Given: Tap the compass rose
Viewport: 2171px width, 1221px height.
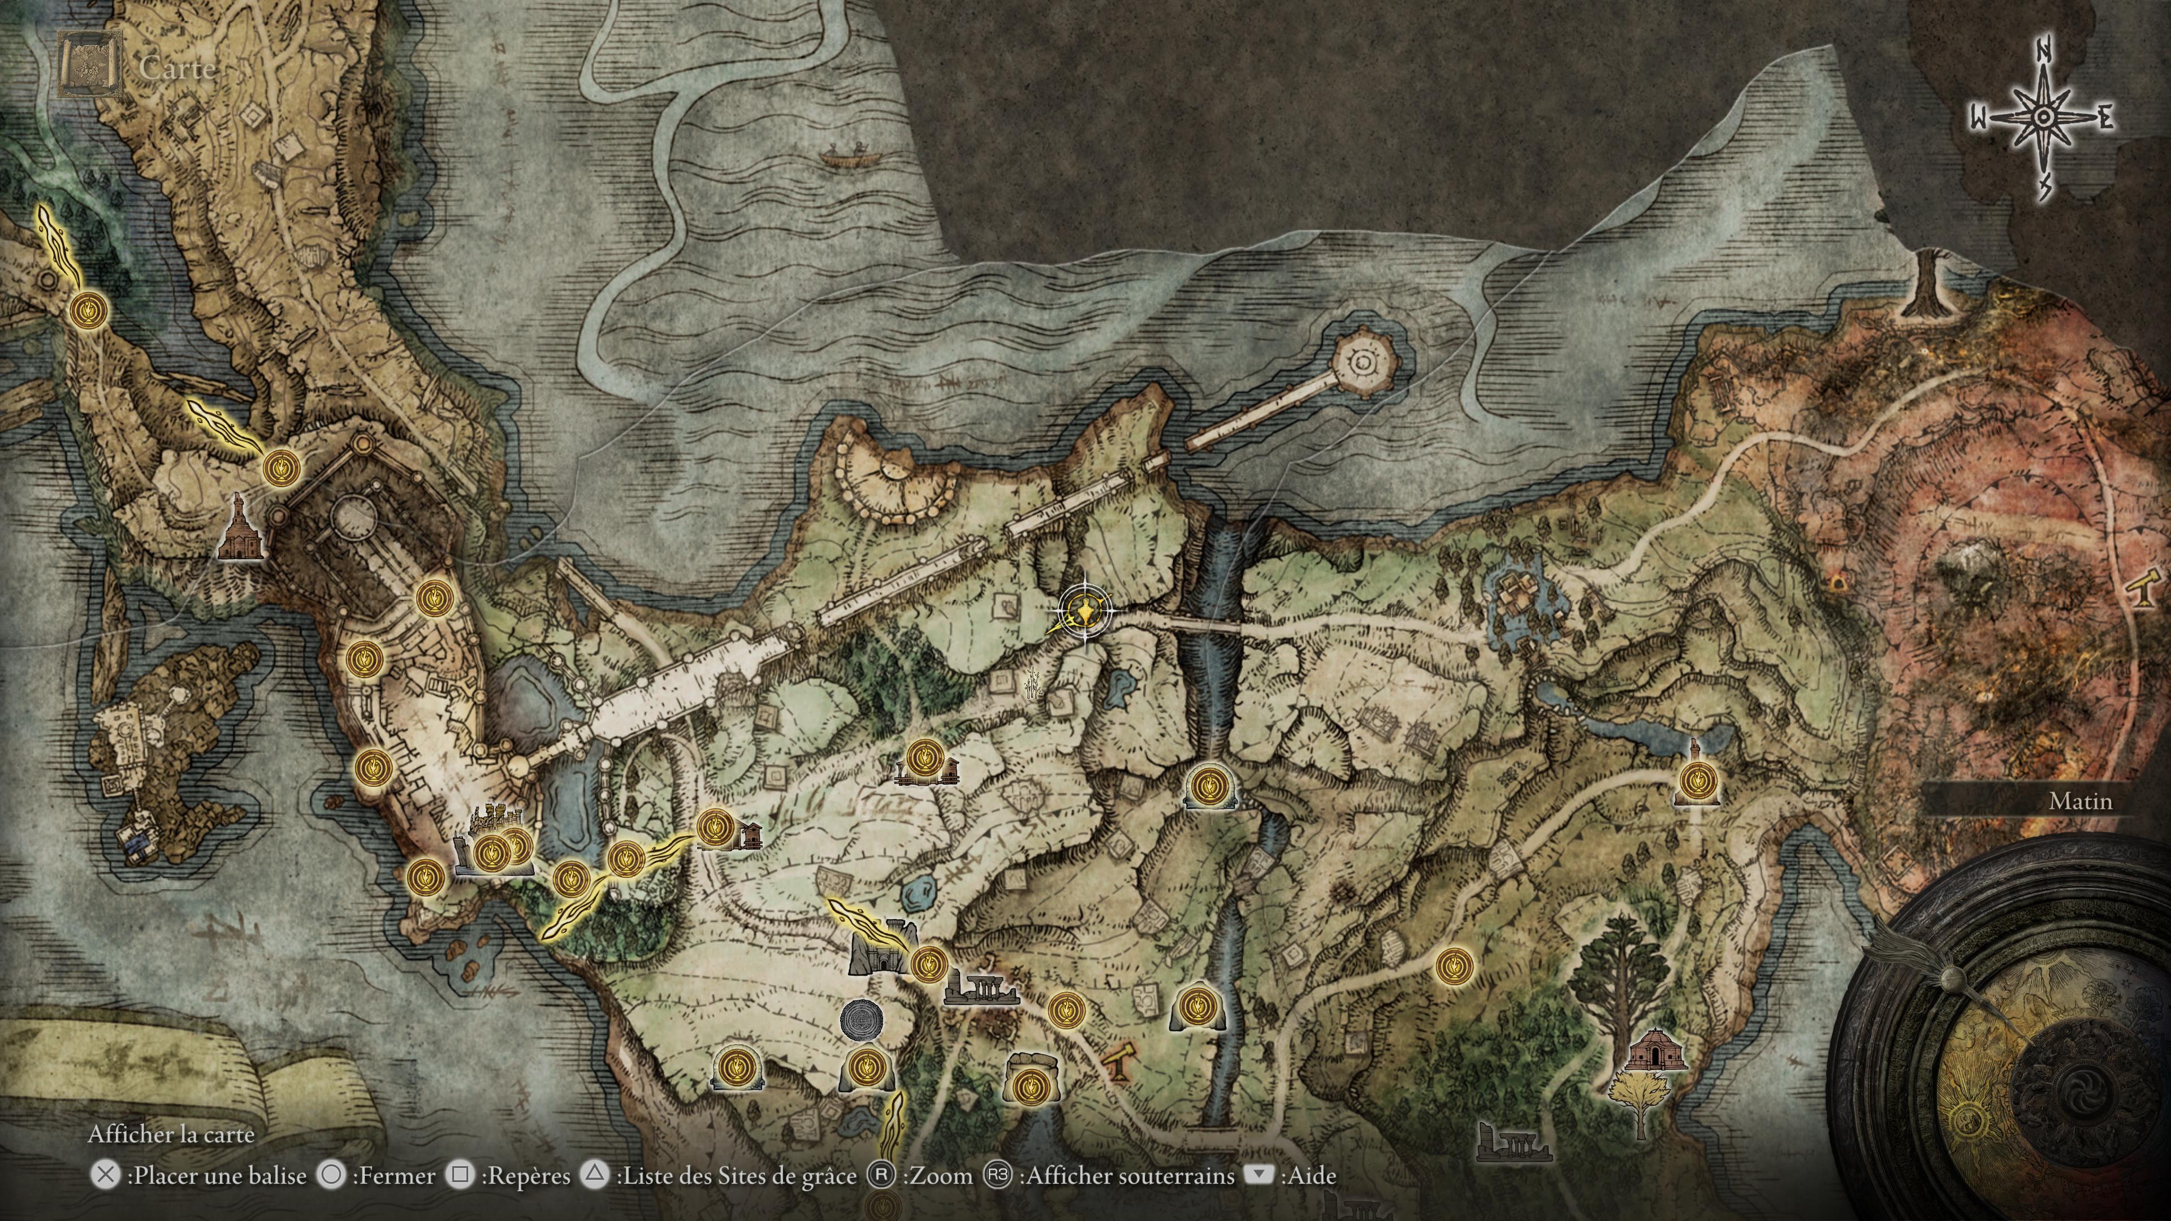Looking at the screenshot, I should (2041, 118).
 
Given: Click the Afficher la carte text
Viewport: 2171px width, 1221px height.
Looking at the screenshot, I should (171, 1134).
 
